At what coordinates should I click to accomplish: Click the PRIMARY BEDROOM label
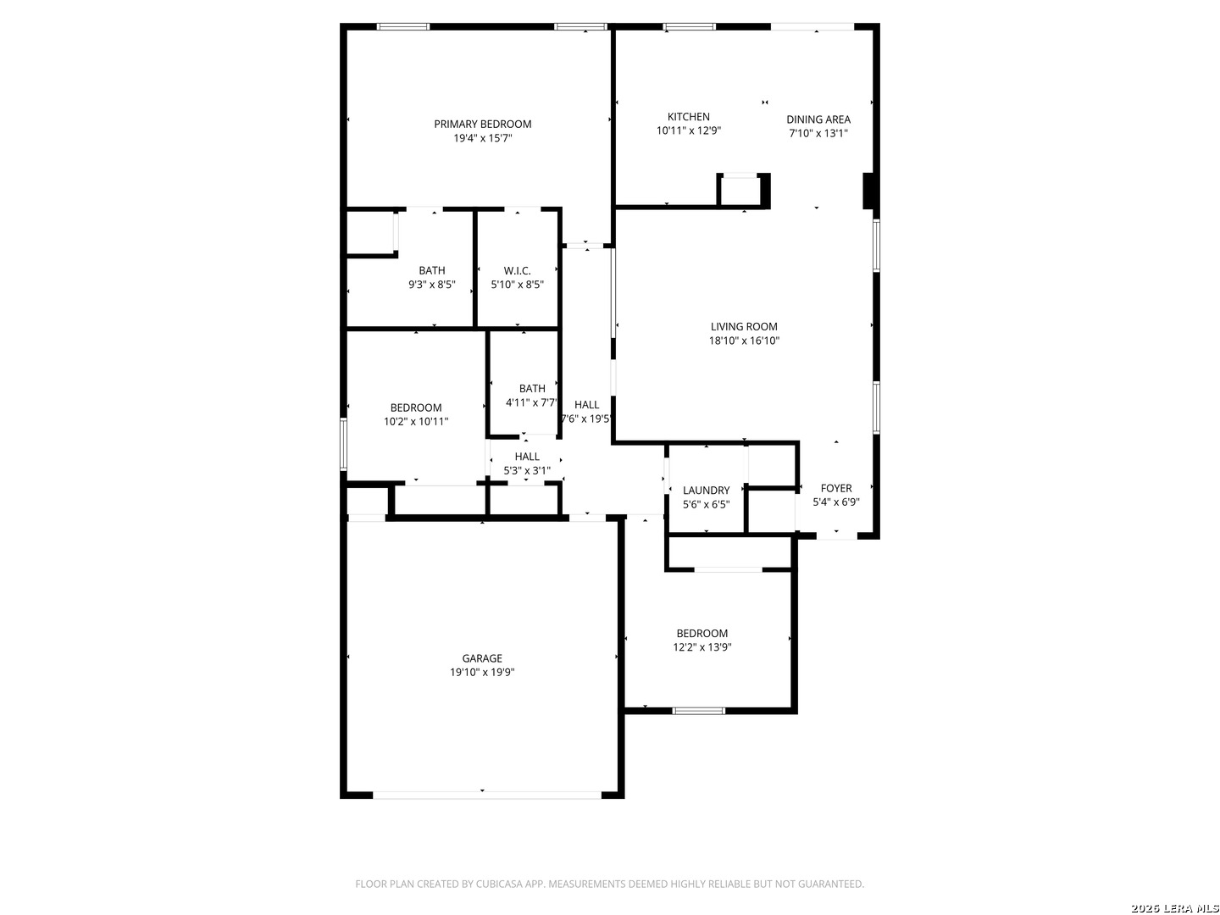point(482,124)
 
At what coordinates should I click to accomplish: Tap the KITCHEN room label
point(688,117)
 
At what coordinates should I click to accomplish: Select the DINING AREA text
point(818,119)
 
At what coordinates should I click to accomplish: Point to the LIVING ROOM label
point(744,327)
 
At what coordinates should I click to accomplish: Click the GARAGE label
point(482,658)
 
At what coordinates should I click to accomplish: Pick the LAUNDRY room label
point(706,490)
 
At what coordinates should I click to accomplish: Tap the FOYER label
point(836,488)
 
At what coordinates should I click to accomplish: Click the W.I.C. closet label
point(517,270)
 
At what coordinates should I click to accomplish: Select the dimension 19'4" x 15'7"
point(482,138)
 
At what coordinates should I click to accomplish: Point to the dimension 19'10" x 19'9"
point(482,672)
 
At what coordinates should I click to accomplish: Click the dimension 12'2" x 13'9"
point(702,646)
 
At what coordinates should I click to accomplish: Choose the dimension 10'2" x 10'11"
point(416,421)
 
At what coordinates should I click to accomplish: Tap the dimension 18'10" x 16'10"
point(744,341)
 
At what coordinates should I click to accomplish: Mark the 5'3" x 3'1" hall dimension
point(527,470)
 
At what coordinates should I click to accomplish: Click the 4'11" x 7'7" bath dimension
point(531,402)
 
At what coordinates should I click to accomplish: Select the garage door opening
point(487,795)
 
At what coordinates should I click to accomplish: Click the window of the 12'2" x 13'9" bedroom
point(698,711)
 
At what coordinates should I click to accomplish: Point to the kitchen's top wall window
point(689,26)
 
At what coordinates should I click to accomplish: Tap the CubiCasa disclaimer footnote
point(609,884)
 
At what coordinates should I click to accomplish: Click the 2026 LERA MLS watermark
point(1174,908)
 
